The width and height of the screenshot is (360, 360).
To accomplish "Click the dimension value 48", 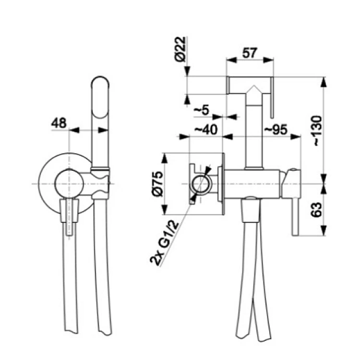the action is tap(59, 123).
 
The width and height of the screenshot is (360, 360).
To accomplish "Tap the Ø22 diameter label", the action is tap(180, 49).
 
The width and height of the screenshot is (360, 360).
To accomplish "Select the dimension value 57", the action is tap(250, 53).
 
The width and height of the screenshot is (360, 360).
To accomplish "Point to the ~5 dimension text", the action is tap(202, 110).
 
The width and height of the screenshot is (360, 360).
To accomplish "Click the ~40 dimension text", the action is tap(206, 130).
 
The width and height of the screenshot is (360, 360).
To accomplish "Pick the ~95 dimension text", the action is tap(276, 130).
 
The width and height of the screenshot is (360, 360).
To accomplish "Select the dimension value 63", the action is tap(316, 209).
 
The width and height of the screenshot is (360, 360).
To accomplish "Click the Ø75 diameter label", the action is tap(157, 184).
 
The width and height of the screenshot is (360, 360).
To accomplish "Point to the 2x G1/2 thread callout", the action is tap(164, 243).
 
